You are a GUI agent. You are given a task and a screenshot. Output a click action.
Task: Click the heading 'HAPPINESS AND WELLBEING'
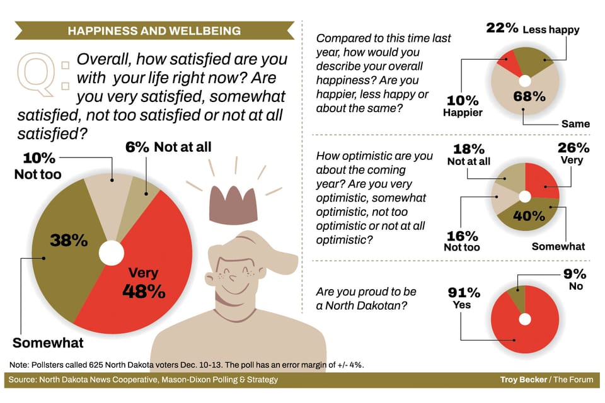(x=154, y=30)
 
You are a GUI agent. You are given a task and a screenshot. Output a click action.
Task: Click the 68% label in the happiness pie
(x=529, y=96)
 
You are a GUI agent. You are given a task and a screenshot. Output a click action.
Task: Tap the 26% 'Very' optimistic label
(x=573, y=153)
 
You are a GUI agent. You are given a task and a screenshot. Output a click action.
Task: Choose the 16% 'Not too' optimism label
(x=462, y=241)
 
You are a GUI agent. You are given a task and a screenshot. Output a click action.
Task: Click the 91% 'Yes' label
(x=464, y=298)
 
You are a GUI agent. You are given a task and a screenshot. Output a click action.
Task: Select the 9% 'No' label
(x=575, y=279)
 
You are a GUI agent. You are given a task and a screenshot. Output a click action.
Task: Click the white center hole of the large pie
(x=112, y=253)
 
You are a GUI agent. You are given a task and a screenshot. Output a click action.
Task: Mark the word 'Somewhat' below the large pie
(x=48, y=343)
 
